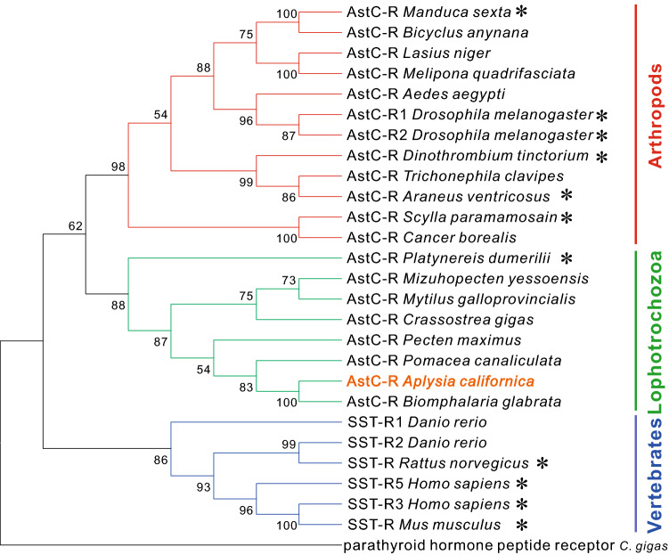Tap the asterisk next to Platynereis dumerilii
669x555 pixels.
[x=567, y=259]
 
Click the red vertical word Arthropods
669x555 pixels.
[x=653, y=125]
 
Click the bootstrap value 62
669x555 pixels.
[x=74, y=224]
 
